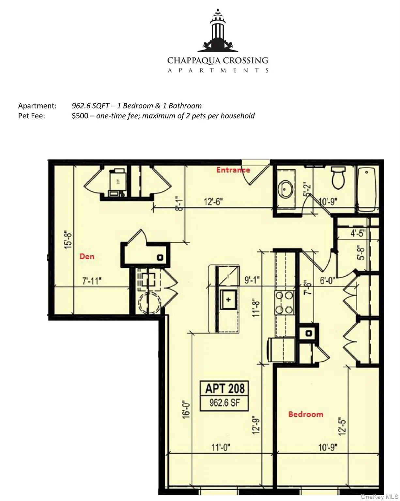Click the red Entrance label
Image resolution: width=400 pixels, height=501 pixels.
point(233,170)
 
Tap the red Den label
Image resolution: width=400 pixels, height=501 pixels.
point(87,256)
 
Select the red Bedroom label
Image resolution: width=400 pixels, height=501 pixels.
point(306,414)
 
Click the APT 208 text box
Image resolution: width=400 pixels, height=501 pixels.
point(224,396)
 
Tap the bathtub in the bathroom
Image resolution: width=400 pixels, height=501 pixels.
point(368,189)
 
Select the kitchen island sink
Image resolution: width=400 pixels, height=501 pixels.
point(228,299)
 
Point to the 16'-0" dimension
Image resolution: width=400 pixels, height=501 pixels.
point(186,409)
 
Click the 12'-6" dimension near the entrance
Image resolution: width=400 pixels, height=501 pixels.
point(213,202)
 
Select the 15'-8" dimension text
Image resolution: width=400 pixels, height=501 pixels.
point(68,240)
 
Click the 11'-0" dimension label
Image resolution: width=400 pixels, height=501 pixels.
point(221,447)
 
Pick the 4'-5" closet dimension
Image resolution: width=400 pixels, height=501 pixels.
point(358,234)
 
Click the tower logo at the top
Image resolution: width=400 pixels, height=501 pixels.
point(218,31)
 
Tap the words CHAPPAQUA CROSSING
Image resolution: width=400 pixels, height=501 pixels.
point(218,60)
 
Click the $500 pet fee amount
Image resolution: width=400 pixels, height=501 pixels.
point(80,116)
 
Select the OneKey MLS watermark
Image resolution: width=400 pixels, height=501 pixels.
point(379,497)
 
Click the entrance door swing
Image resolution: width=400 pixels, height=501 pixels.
point(258,173)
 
